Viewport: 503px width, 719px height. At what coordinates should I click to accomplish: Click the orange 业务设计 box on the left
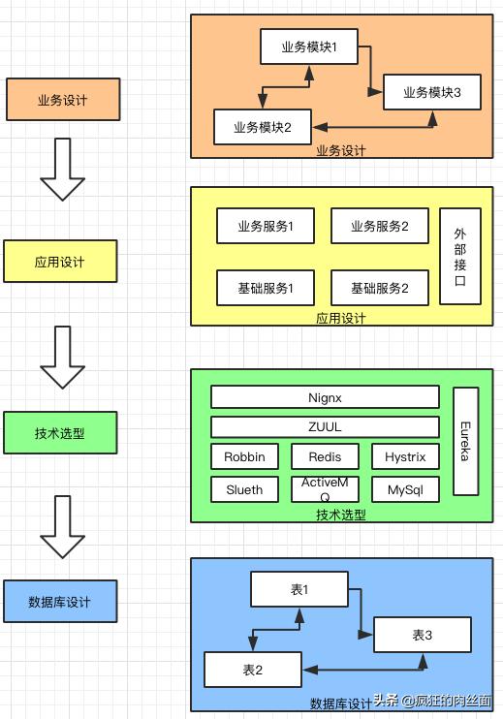[62, 99]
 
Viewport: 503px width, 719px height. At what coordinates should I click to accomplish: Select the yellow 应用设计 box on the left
[60, 261]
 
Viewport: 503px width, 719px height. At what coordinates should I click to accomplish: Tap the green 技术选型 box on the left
[60, 432]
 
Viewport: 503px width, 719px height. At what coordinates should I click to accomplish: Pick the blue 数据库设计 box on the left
[60, 601]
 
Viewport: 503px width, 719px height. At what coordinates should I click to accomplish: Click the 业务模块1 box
[309, 47]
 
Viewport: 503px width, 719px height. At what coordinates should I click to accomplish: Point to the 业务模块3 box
[431, 92]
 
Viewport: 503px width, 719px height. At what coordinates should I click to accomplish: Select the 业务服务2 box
[380, 226]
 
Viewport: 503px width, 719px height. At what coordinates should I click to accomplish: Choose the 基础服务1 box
[265, 287]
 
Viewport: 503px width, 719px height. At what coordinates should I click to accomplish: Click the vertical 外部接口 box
[460, 256]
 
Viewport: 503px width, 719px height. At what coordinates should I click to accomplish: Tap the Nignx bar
[325, 397]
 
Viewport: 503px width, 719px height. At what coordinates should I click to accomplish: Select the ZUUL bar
[325, 426]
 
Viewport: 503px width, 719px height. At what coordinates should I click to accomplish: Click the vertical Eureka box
[465, 441]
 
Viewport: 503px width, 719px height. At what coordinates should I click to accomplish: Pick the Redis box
[325, 456]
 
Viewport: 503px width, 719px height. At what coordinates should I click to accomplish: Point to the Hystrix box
[405, 456]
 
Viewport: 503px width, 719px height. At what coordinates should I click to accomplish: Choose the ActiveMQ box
[325, 488]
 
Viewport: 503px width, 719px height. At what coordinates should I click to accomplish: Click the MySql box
[405, 489]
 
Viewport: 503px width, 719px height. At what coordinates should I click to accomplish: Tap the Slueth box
[244, 489]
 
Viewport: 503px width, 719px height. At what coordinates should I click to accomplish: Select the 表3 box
[423, 635]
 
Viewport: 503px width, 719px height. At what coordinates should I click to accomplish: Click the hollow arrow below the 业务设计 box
[63, 169]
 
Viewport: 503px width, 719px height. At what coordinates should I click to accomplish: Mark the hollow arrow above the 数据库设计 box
[63, 526]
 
